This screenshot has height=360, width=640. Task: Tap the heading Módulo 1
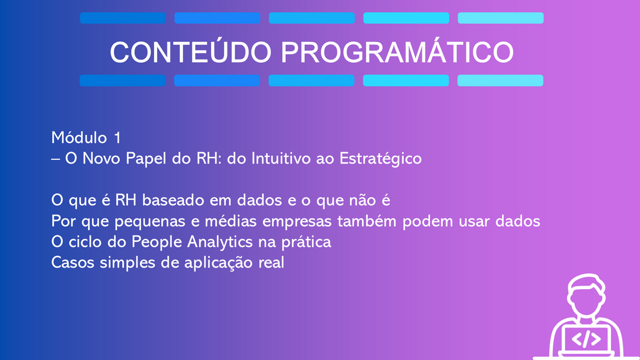(x=86, y=138)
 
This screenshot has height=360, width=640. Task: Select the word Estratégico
(x=381, y=159)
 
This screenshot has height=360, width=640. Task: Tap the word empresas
(x=297, y=222)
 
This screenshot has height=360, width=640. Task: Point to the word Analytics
(x=220, y=242)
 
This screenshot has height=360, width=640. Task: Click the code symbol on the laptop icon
(x=586, y=339)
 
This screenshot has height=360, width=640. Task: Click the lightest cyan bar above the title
(x=500, y=18)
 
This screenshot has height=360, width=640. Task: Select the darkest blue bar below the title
(x=122, y=80)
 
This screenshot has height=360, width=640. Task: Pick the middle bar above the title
(x=312, y=18)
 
